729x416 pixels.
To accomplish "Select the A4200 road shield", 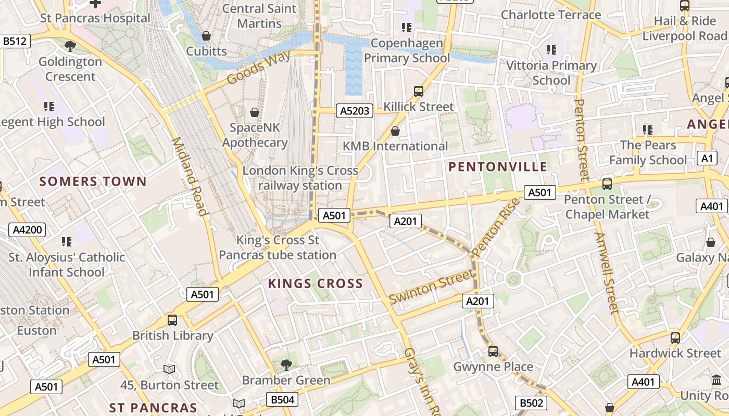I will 27,230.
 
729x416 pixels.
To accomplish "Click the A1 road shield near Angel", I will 707,159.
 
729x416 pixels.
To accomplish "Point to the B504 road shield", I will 283,399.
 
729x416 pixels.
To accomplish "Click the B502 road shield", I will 531,403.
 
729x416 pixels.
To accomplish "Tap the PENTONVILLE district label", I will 498,167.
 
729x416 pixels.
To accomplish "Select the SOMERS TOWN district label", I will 93,181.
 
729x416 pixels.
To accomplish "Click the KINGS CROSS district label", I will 315,283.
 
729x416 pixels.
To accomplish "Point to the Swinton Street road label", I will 432,287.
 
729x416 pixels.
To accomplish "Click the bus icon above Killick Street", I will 418,92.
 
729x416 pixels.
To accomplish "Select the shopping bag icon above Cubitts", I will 206,36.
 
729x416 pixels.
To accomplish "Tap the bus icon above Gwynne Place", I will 493,352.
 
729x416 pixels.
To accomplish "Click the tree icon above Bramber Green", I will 286,365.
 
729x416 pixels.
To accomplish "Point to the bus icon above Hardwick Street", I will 675,338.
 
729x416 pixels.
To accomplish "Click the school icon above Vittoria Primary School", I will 551,50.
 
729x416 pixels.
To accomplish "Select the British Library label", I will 173,335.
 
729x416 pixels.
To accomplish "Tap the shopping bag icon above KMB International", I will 395,131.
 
